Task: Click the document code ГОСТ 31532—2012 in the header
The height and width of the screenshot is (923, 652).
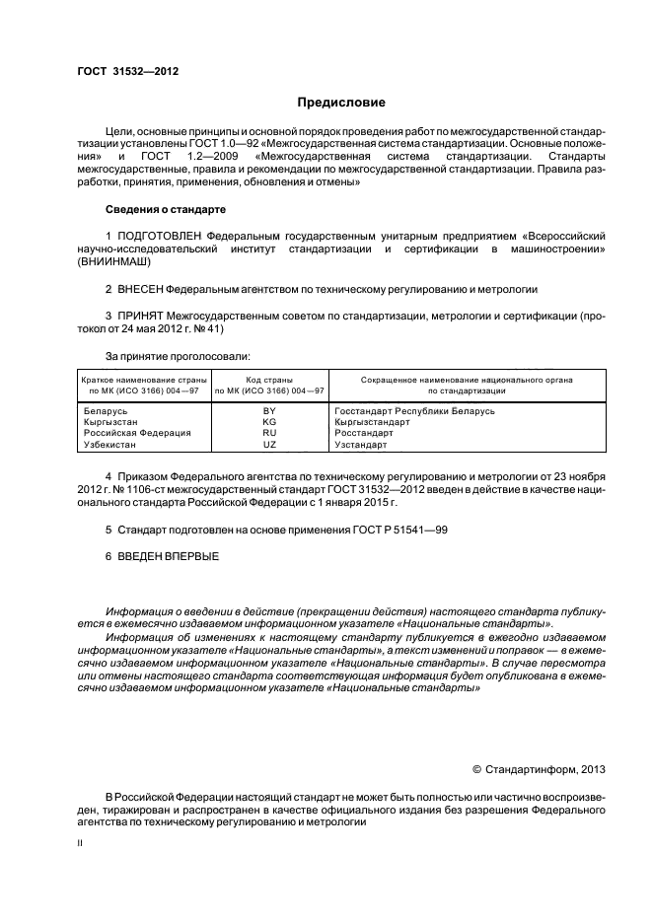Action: tap(127, 71)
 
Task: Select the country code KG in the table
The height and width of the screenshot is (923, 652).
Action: tap(269, 422)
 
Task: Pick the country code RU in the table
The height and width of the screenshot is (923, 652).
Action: tap(269, 433)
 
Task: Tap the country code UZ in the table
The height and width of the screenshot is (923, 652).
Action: tap(269, 445)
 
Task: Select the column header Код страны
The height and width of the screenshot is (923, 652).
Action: tap(269, 379)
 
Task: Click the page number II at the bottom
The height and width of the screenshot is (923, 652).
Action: tap(82, 844)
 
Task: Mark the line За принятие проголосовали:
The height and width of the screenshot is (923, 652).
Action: tap(171, 355)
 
